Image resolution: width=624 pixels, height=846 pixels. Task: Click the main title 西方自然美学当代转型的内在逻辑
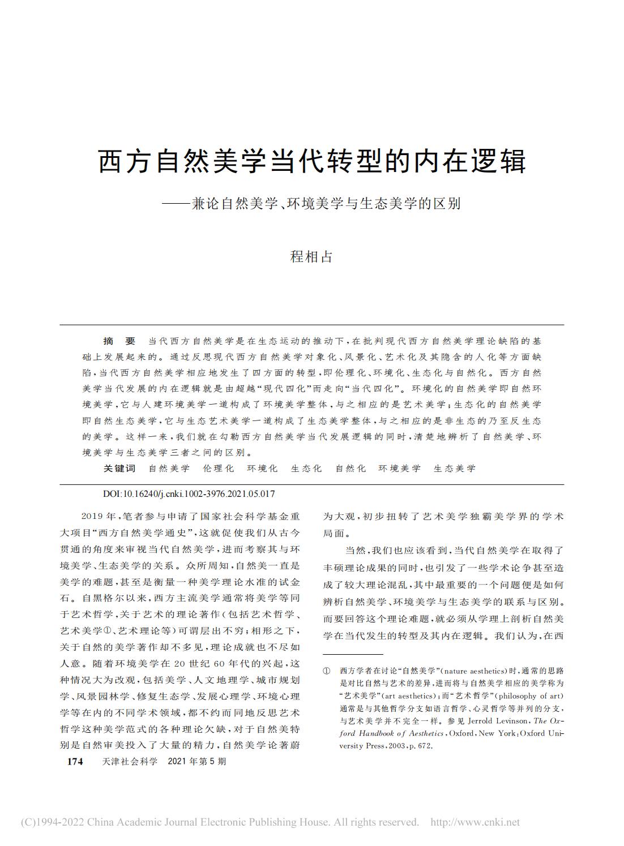312,161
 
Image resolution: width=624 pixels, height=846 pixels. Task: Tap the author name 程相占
311,256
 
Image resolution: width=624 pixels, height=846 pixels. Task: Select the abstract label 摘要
119,341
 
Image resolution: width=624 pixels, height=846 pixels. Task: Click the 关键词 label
119,468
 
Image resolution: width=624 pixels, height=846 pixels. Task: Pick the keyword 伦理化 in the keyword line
218,468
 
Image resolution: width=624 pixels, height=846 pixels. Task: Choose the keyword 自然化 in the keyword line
351,468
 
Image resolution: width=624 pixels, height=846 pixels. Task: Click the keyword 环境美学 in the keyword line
400,468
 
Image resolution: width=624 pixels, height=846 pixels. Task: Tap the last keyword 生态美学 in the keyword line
455,468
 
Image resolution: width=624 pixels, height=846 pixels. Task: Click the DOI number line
189,493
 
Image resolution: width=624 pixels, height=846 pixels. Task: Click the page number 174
75,762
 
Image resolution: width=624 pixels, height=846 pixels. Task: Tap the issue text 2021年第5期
197,762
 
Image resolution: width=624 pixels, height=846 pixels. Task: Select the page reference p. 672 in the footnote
420,746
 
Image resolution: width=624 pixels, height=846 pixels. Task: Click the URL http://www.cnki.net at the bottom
475,822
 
